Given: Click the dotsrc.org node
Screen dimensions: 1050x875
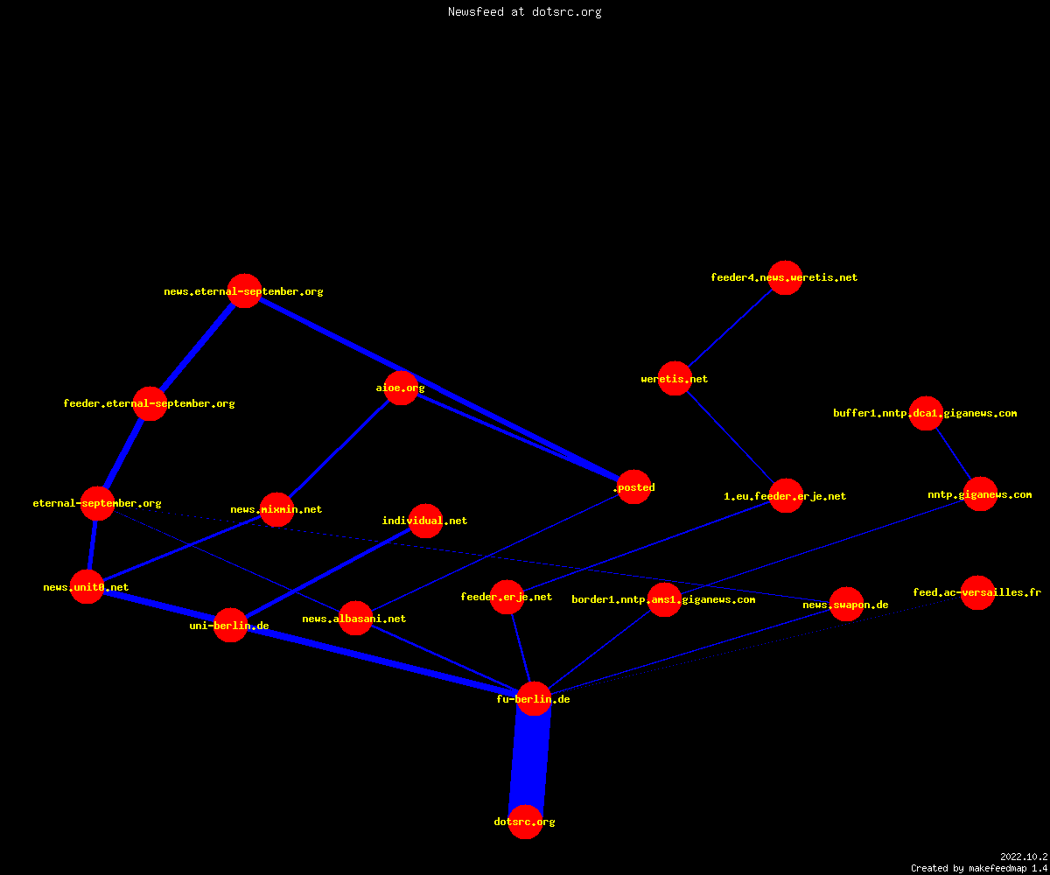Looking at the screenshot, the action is pyautogui.click(x=525, y=822).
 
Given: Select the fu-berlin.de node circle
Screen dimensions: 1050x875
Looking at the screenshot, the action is pyautogui.click(x=534, y=698).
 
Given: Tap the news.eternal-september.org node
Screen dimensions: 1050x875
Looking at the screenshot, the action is pyautogui.click(x=244, y=291).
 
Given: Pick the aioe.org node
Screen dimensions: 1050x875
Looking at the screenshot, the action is pyautogui.click(x=401, y=388).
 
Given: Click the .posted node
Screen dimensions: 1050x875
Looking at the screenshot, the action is pyautogui.click(x=634, y=486).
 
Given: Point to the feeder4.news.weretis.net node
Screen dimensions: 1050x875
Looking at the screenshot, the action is pyautogui.click(x=785, y=277).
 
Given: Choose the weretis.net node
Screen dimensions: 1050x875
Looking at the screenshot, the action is pyautogui.click(x=675, y=379).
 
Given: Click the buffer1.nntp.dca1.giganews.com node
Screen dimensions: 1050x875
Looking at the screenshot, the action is pyautogui.click(x=926, y=413).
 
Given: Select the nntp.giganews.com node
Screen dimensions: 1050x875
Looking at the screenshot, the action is pyautogui.click(x=980, y=494).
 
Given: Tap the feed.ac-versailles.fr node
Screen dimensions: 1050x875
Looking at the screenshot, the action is pyautogui.click(x=977, y=592).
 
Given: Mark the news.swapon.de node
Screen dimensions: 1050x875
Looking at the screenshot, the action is pyautogui.click(x=846, y=605).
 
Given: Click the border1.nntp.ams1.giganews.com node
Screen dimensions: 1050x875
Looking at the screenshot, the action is pyautogui.click(x=664, y=599).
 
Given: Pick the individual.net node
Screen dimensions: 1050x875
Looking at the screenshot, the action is pyautogui.click(x=425, y=521).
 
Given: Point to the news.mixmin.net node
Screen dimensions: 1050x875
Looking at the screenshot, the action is pyautogui.click(x=276, y=509).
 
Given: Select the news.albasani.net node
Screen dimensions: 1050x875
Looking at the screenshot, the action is pyautogui.click(x=355, y=619).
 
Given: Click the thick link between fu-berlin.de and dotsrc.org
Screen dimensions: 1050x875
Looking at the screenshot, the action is pyautogui.click(x=529, y=760).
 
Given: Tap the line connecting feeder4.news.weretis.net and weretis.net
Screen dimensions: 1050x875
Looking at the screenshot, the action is pyautogui.click(x=730, y=328).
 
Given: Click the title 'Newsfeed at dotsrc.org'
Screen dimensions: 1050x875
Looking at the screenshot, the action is pyautogui.click(x=524, y=12).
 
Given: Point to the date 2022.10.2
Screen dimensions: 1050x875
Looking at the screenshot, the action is pyautogui.click(x=1024, y=857).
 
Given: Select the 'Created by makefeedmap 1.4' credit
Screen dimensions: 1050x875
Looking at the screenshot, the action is pyautogui.click(x=979, y=869).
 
